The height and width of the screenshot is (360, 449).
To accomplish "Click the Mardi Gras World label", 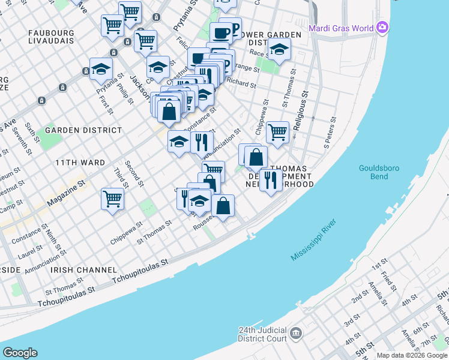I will [340, 28].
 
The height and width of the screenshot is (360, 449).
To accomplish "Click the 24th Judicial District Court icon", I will [295, 332].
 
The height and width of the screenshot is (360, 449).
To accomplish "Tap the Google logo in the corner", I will [20, 353].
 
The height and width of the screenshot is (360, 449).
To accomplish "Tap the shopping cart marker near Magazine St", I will [112, 199].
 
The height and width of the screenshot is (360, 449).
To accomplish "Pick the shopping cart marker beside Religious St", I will [277, 132].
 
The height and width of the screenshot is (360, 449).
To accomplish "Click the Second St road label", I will [134, 172].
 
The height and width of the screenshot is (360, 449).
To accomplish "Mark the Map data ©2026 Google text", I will [412, 355].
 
